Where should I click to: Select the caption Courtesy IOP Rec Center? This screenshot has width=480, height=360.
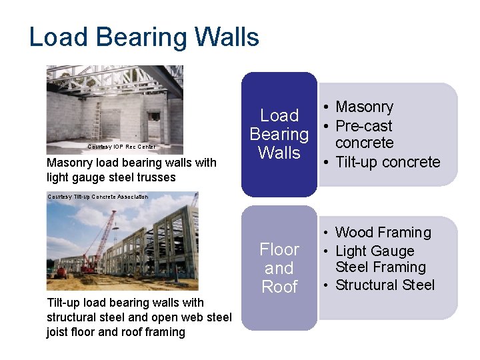(x=122, y=147)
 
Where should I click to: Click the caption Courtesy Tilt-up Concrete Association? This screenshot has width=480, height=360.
(x=98, y=197)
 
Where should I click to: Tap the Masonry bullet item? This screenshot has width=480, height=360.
(x=364, y=107)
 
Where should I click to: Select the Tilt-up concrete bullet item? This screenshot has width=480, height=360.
(x=387, y=162)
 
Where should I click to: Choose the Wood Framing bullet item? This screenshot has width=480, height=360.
(x=383, y=233)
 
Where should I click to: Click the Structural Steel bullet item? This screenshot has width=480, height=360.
(x=385, y=285)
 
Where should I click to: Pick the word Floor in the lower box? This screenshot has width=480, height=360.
(x=279, y=250)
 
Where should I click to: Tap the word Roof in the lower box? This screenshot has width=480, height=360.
(x=279, y=287)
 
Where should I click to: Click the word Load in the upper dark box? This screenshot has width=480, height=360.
(x=279, y=115)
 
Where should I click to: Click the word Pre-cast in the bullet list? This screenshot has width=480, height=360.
(x=364, y=126)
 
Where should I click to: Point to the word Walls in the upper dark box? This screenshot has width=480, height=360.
(x=279, y=153)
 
